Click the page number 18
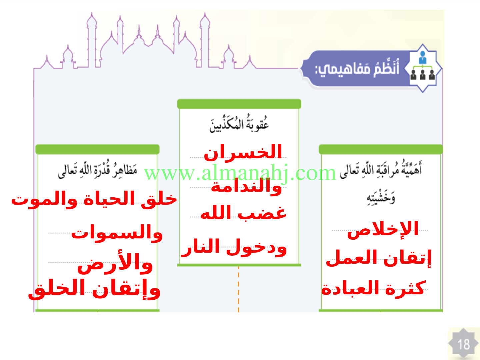point(464,345)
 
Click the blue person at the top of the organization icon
point(423,57)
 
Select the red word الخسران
point(243,152)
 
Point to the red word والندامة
point(246,187)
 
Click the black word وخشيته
point(381,199)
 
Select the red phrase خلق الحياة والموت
point(94,199)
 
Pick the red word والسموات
point(117,233)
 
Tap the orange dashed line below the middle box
point(238,289)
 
